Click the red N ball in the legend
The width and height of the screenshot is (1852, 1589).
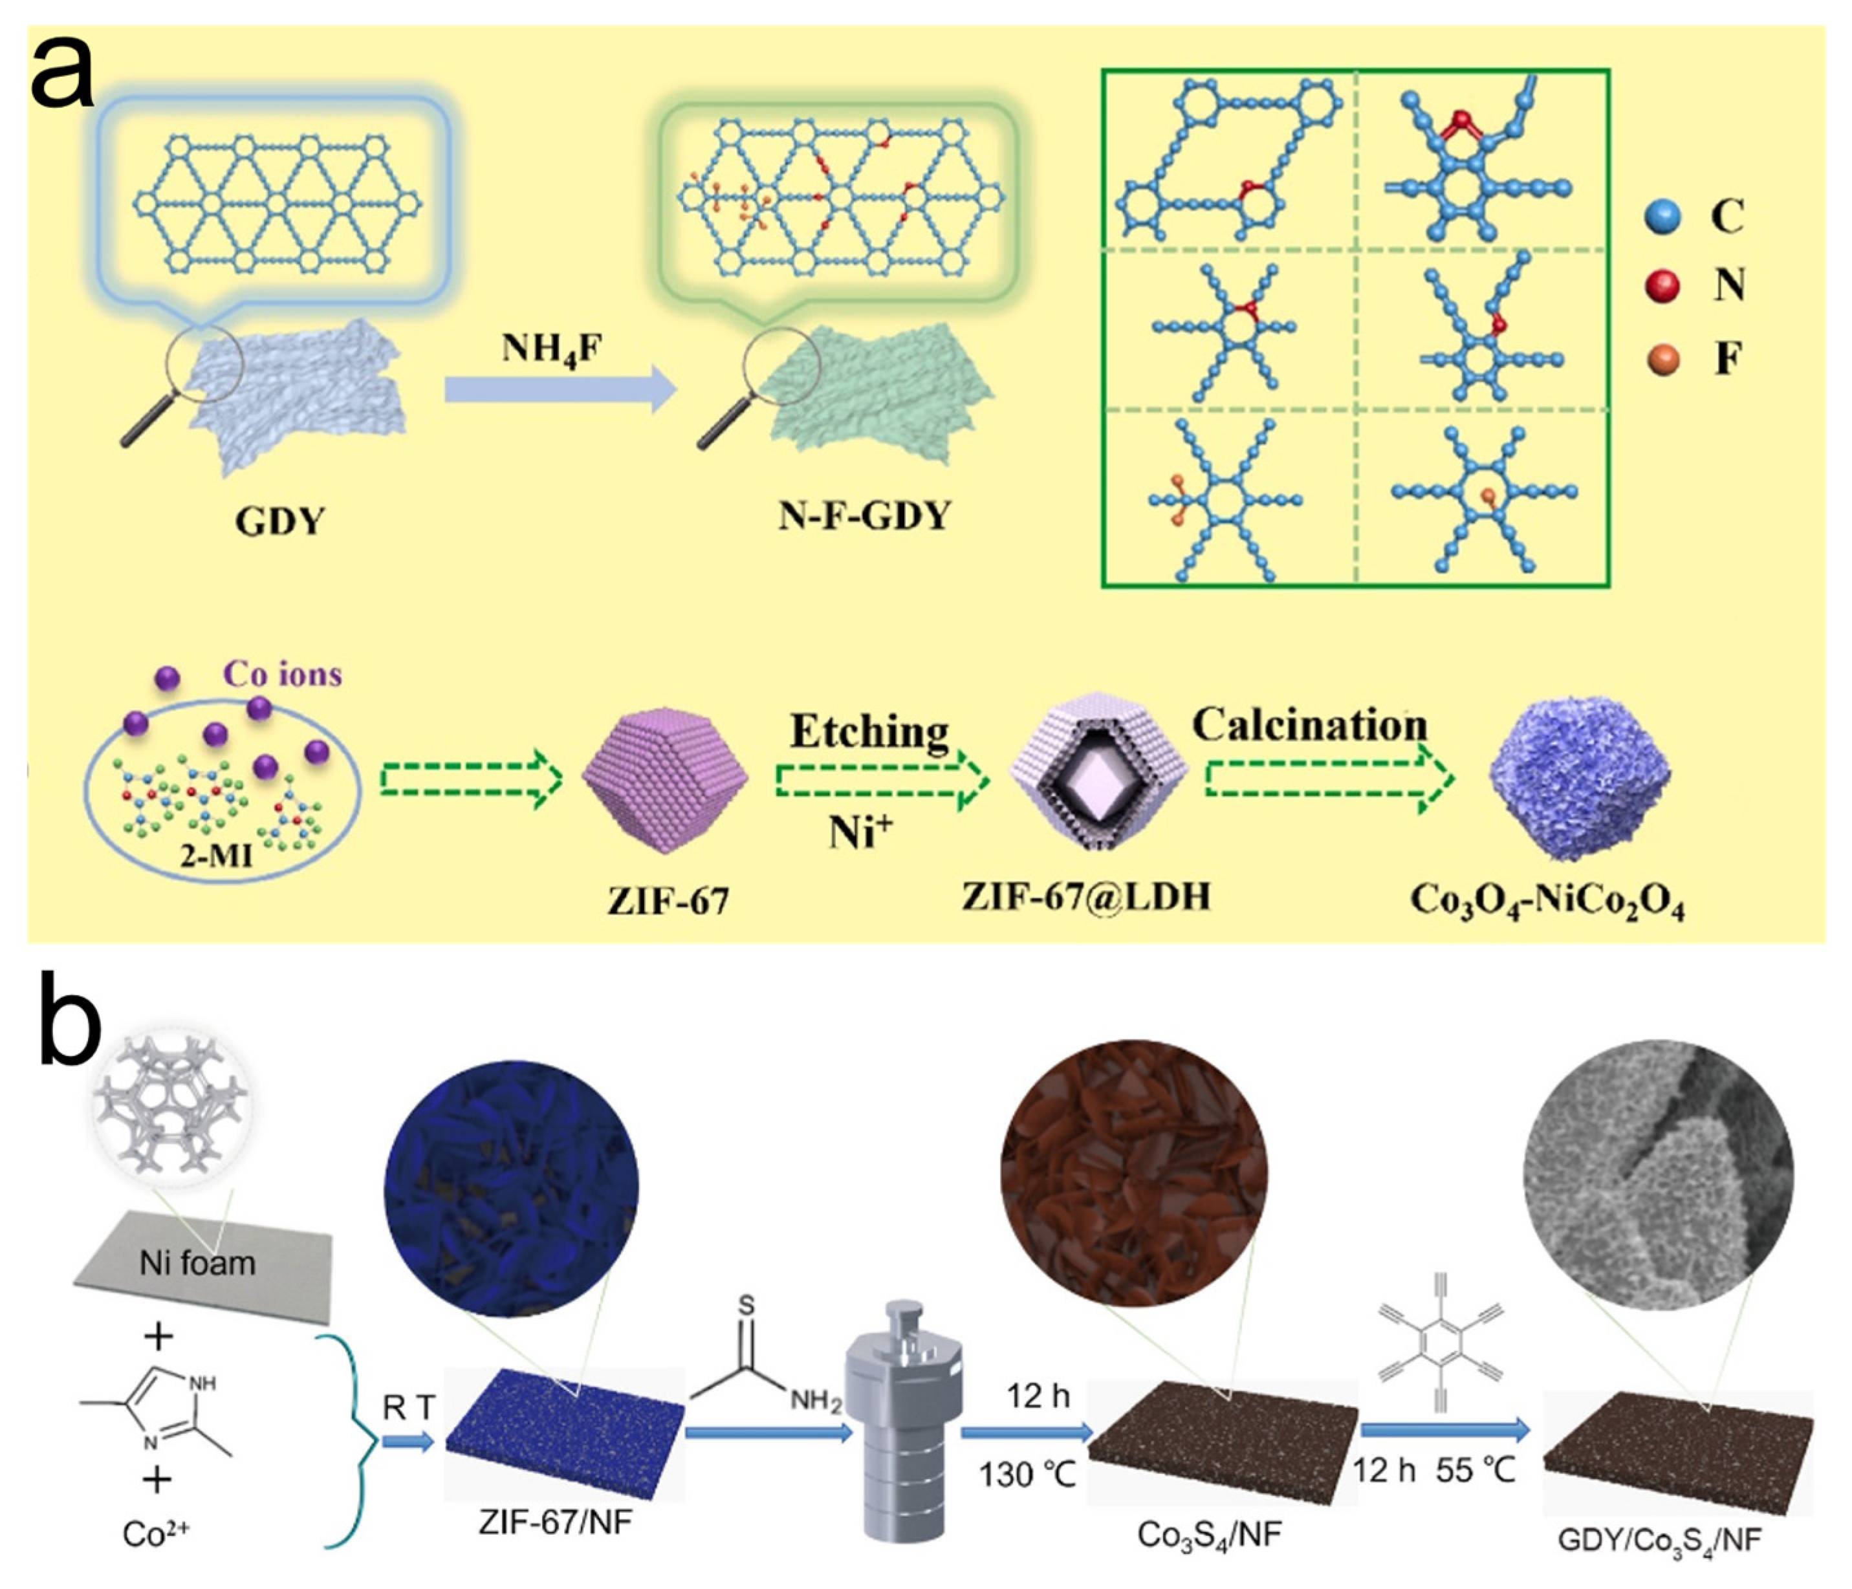pos(1662,286)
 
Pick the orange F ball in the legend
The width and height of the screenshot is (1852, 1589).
pos(1662,360)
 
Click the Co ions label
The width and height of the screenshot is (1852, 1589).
pos(283,674)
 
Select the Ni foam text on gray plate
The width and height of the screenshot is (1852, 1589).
pos(197,1263)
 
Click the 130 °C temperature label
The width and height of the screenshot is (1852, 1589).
pos(1027,1474)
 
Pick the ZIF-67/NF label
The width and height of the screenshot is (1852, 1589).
pos(555,1521)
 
